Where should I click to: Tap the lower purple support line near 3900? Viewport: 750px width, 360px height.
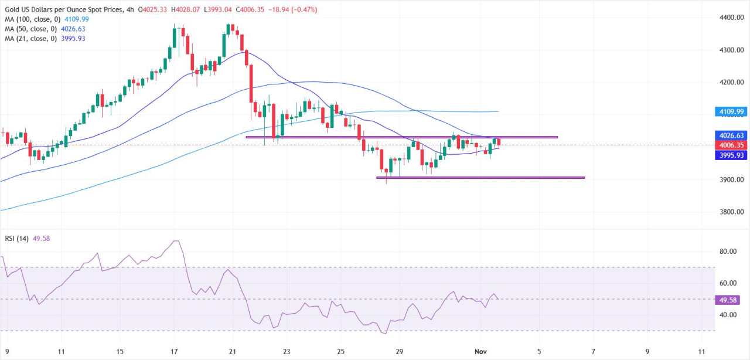tap(480, 177)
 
